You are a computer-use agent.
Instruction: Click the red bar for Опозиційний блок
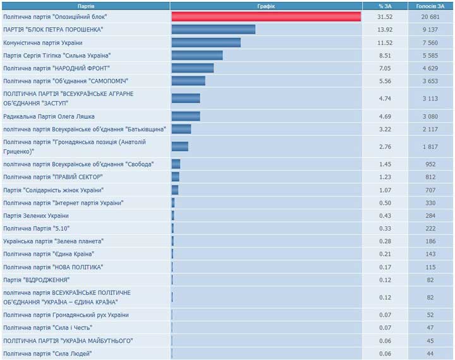266,16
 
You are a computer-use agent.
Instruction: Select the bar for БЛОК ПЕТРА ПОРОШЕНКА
213,30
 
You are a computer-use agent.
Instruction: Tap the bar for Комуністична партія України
206,42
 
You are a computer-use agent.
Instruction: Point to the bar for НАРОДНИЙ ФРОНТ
192,68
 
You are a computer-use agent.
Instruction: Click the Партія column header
86,6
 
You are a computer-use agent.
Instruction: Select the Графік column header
266,6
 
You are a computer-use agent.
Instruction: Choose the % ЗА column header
385,6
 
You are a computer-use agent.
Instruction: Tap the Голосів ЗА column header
430,6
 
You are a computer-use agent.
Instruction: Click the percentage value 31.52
385,16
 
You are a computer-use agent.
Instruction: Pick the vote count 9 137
430,30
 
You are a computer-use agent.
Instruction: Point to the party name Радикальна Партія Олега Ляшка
49,116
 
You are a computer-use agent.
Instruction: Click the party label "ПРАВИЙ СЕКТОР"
53,177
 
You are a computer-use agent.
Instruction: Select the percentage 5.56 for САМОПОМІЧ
385,81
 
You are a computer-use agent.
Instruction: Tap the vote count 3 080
430,116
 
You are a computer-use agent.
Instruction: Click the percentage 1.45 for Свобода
385,164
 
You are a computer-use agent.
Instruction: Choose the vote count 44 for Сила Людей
430,353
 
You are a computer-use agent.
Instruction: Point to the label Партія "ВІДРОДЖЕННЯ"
37,280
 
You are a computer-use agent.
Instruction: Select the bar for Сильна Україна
197,56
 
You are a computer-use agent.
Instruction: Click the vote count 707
430,189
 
